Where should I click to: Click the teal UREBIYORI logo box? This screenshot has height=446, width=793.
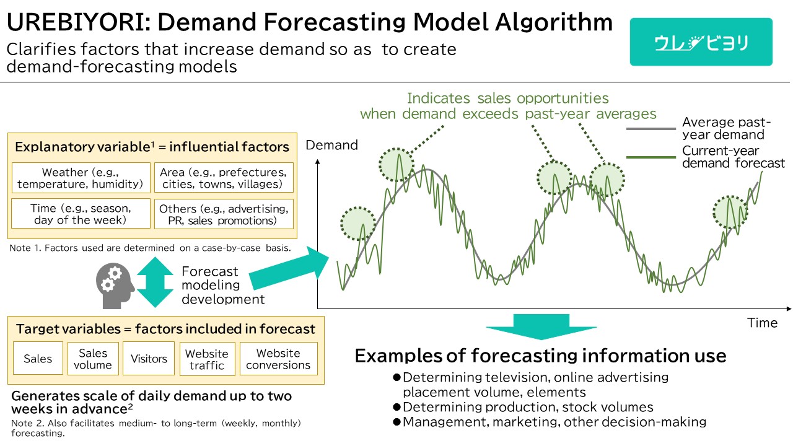pyautogui.click(x=701, y=42)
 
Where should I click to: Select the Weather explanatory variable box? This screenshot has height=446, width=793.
pyautogui.click(x=81, y=178)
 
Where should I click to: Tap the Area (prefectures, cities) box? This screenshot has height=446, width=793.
pyautogui.click(x=224, y=178)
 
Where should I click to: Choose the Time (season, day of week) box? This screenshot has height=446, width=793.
pyautogui.click(x=81, y=214)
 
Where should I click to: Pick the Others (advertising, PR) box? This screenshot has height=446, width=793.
pyautogui.click(x=224, y=214)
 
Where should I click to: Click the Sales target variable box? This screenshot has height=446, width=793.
pyautogui.click(x=38, y=358)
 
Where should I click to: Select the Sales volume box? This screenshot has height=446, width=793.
pyautogui.click(x=93, y=359)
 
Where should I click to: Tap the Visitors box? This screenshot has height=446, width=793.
pyautogui.click(x=149, y=358)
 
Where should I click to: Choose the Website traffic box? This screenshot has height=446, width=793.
pyautogui.click(x=207, y=359)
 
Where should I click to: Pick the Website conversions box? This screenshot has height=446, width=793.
pyautogui.click(x=279, y=359)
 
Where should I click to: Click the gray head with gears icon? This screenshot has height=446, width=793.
pyautogui.click(x=115, y=286)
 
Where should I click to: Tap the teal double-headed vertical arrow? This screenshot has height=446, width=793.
pyautogui.click(x=155, y=282)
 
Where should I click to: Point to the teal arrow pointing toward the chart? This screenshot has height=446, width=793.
pyautogui.click(x=289, y=268)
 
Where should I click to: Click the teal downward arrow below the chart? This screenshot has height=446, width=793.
pyautogui.click(x=541, y=326)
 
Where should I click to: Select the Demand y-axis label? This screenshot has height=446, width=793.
pyautogui.click(x=331, y=145)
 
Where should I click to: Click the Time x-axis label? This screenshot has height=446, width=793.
pyautogui.click(x=762, y=323)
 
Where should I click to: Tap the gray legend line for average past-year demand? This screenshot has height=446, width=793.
pyautogui.click(x=651, y=129)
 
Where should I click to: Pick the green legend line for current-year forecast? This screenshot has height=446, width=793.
pyautogui.click(x=651, y=157)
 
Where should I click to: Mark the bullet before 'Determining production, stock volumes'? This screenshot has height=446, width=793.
pyautogui.click(x=396, y=407)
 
